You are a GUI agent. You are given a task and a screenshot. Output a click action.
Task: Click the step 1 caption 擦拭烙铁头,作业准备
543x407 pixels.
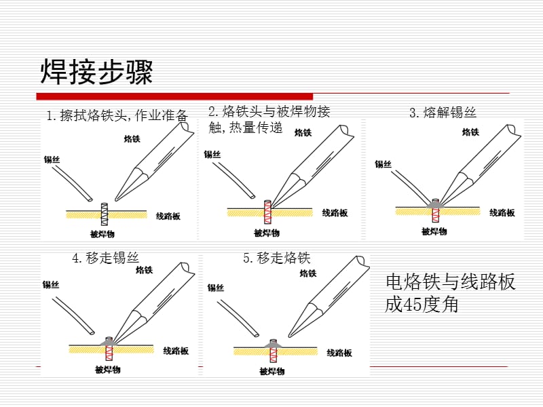[x=117, y=115]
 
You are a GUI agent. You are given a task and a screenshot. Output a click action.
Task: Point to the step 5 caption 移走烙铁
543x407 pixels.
[x=276, y=258]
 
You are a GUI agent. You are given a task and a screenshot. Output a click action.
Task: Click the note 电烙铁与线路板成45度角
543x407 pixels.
[x=450, y=293]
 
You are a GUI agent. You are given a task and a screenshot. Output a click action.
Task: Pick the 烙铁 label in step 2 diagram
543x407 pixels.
[x=303, y=133]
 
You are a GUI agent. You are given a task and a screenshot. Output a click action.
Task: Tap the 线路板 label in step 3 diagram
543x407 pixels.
[x=502, y=212]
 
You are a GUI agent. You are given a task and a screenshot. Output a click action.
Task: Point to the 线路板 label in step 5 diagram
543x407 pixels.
[x=339, y=353]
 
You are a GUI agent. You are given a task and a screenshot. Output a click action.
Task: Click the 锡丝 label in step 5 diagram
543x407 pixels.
[x=216, y=288]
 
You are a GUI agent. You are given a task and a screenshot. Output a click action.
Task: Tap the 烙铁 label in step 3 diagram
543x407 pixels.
[x=470, y=132]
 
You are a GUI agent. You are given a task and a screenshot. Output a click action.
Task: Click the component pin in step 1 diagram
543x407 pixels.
[x=105, y=213]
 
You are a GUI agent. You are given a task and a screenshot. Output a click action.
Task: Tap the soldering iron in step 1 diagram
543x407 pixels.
[x=153, y=159]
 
